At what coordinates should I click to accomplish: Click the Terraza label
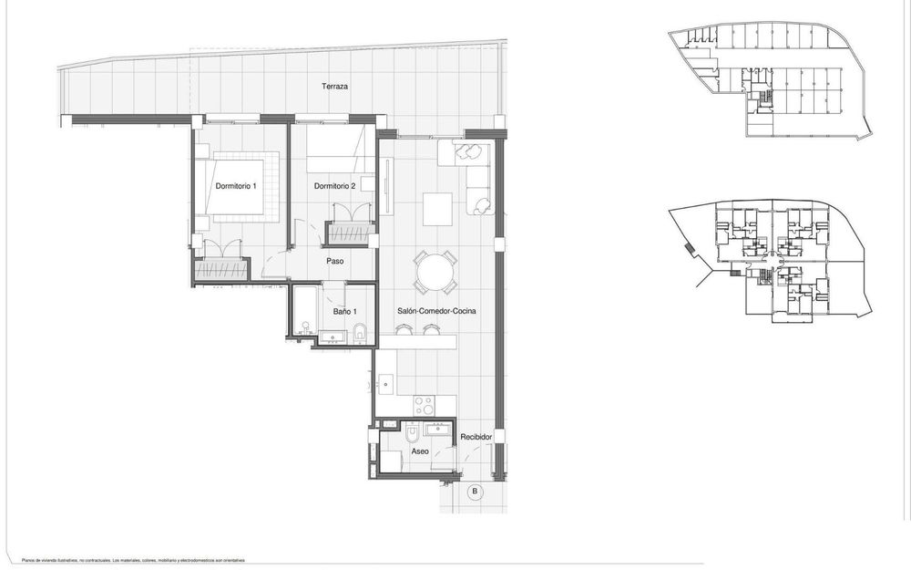334,87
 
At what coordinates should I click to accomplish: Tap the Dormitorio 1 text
236,186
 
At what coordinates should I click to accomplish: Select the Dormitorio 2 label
333,186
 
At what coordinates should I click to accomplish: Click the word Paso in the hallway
334,261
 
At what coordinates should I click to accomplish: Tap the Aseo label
420,451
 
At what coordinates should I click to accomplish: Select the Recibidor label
476,437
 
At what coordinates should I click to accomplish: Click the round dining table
435,273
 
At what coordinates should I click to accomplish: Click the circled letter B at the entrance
474,492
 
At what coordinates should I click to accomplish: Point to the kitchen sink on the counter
385,383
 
